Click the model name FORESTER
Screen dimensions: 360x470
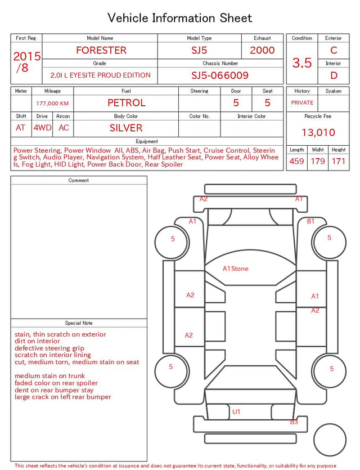(101, 50)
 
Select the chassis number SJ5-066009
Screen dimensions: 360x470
(220, 75)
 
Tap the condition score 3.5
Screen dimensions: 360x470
(302, 63)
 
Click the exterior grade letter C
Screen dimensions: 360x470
(334, 50)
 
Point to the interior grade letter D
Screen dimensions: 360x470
(334, 75)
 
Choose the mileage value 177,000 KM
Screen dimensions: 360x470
(52, 104)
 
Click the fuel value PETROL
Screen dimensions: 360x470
(127, 103)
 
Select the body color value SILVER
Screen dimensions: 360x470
(126, 128)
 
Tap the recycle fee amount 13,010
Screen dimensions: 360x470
(318, 132)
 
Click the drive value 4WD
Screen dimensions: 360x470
(42, 128)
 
